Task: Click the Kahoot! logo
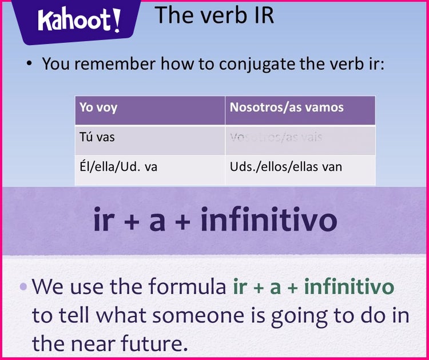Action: pos(79,21)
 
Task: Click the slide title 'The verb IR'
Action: pos(214,15)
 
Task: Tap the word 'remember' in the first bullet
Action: pos(118,63)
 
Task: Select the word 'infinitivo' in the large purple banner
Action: pos(268,221)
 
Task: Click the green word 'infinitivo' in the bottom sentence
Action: pos(349,287)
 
